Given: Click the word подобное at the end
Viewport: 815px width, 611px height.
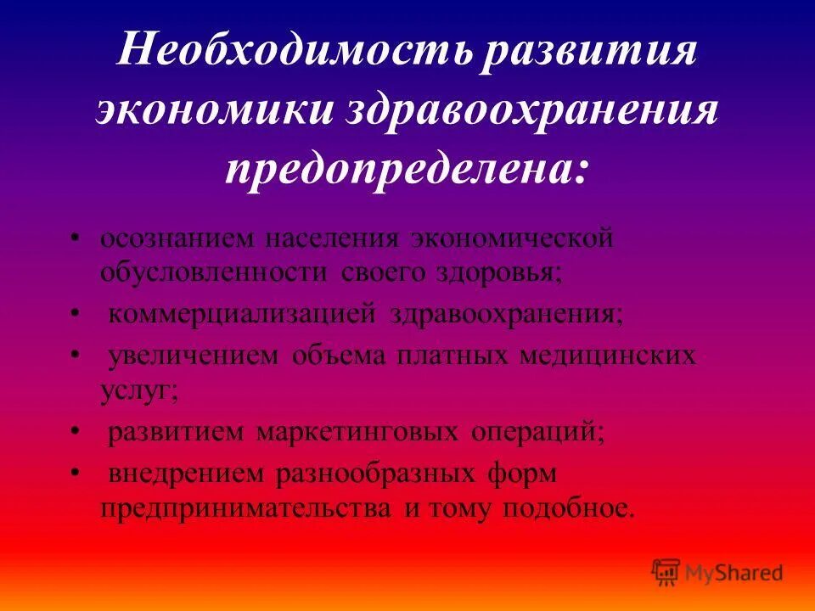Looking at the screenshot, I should point(567,508).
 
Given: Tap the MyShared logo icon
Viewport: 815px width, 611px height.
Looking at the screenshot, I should point(666,572).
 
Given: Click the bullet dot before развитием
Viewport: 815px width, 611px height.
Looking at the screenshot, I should point(76,433).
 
